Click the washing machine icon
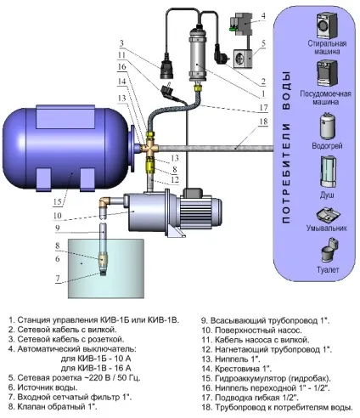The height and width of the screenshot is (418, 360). tap(327, 25)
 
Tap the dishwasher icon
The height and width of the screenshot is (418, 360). tap(327, 73)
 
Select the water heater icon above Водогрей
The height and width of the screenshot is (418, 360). tap(327, 127)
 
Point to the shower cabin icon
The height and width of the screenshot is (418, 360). tap(329, 172)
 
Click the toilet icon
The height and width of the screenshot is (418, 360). tap(329, 250)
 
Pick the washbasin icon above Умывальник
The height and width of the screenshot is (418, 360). tap(328, 215)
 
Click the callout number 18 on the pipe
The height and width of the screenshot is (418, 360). tap(263, 121)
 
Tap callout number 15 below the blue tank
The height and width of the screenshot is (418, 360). tap(57, 201)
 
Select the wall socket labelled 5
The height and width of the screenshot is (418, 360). tap(243, 59)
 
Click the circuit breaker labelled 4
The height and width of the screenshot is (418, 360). tap(240, 24)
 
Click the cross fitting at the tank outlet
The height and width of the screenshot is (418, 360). tap(150, 147)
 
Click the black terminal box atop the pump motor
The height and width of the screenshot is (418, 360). tap(194, 193)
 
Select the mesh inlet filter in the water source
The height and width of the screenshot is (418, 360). tap(103, 273)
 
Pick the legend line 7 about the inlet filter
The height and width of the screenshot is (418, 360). tap(70, 398)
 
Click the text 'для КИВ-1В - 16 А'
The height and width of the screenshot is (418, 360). tap(96, 368)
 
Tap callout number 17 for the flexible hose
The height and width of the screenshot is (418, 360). tap(263, 108)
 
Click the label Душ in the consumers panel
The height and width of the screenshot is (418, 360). tap(327, 195)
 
